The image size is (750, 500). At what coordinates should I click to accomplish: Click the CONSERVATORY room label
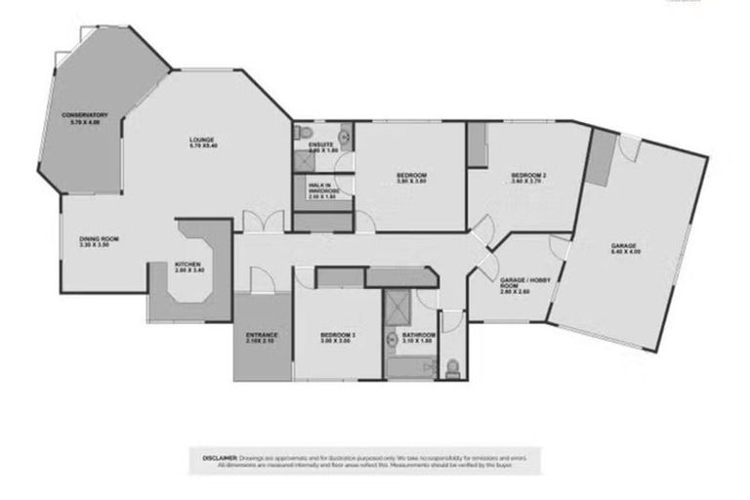point(84,115)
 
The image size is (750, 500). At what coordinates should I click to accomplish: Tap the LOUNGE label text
point(202,140)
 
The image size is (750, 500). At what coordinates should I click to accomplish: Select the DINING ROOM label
point(99,239)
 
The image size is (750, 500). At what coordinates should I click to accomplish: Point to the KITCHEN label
point(187,264)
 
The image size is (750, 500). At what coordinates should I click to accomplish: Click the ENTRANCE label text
point(262,335)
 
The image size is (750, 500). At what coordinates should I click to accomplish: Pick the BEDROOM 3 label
point(338,335)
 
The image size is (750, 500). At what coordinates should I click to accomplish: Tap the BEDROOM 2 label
point(528,175)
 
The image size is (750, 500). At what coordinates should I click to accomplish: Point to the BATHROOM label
point(418,335)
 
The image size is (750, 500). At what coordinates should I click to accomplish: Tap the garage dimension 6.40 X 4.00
point(623,251)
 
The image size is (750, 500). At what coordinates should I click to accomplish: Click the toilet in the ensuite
point(305,133)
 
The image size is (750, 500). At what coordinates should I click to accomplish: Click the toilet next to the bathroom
point(453,367)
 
